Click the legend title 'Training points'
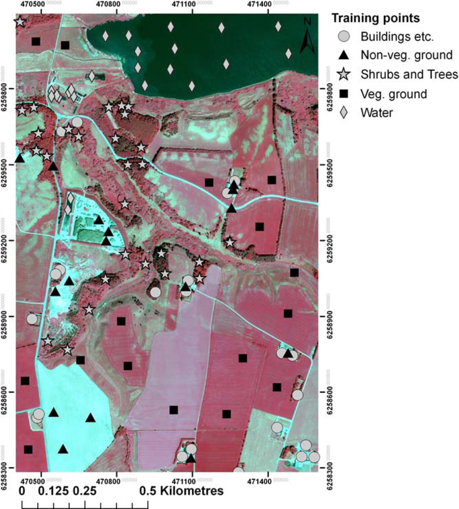[x=375, y=19]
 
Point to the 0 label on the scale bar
[x=22, y=492]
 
